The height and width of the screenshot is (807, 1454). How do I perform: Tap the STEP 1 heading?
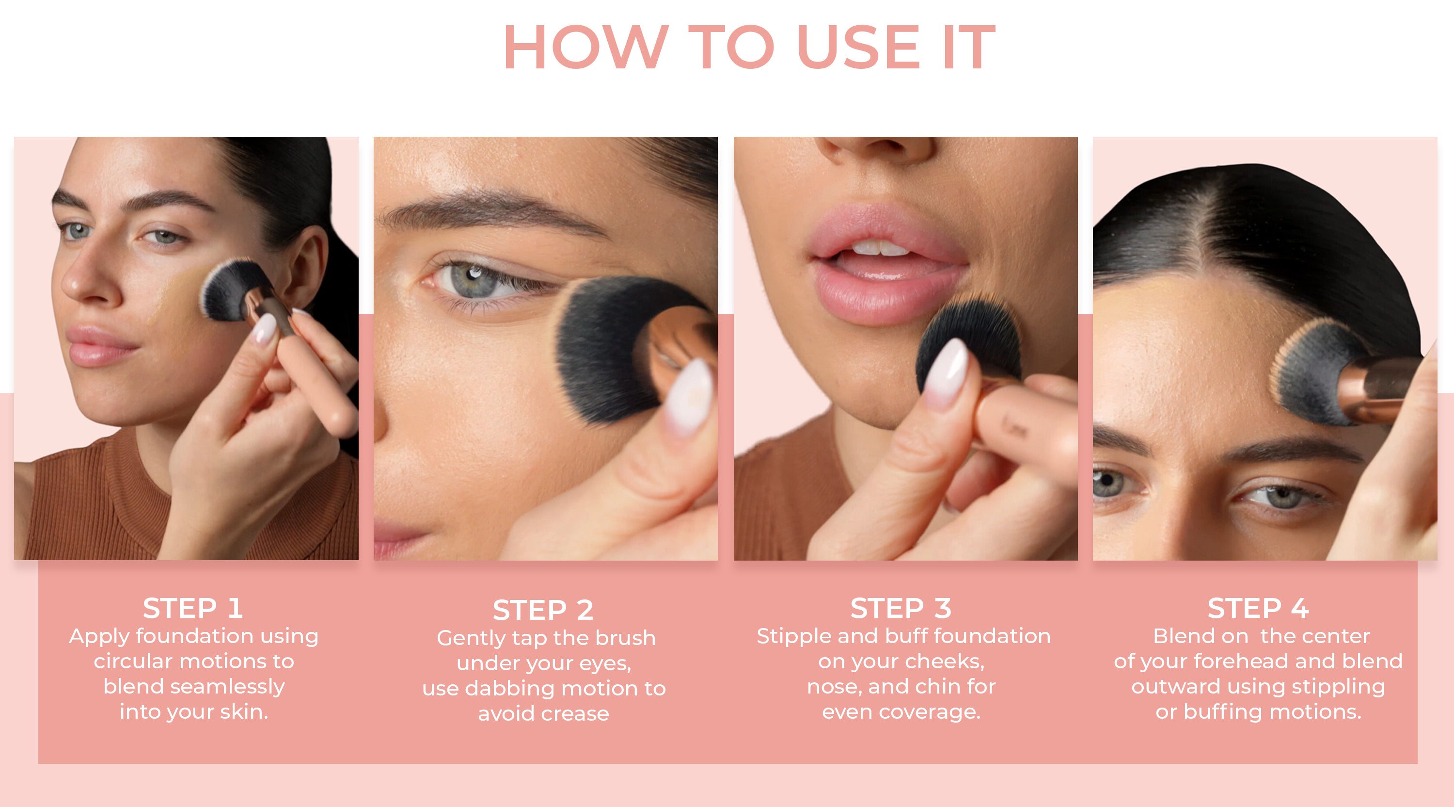[x=193, y=608]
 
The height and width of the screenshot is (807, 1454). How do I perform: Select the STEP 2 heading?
[x=543, y=610]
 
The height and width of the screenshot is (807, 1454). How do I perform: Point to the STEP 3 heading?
[x=901, y=608]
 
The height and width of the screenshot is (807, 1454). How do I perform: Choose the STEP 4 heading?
[x=1258, y=608]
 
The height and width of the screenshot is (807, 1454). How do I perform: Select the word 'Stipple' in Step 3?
[x=794, y=636]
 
